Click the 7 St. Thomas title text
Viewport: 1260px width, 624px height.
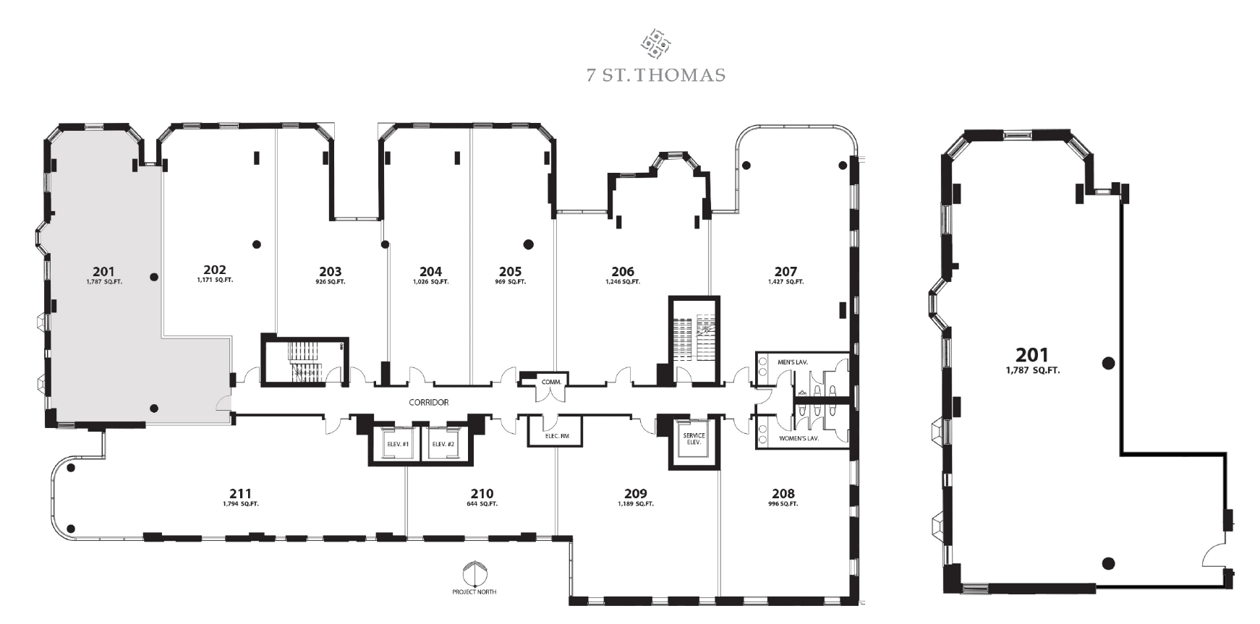pos(655,75)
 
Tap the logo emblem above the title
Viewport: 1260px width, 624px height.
pos(655,43)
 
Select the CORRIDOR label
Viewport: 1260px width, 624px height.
pos(429,403)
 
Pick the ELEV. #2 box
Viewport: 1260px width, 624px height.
pos(443,444)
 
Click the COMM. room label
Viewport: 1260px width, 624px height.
pos(551,382)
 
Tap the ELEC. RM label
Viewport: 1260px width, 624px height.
pos(557,436)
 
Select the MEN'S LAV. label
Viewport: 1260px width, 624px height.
pos(793,362)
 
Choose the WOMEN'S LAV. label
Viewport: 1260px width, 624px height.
pos(799,438)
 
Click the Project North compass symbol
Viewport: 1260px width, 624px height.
pos(474,575)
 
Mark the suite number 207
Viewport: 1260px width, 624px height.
pos(786,272)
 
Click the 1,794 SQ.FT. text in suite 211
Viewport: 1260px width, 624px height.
pos(241,504)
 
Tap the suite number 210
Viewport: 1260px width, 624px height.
pos(482,495)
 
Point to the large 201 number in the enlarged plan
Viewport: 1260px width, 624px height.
pos(1032,355)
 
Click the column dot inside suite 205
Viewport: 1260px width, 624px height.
pos(529,244)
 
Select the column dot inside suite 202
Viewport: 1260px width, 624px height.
pos(256,244)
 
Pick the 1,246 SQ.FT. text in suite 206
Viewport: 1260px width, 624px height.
pos(623,282)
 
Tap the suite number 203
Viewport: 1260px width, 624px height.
pos(330,272)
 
